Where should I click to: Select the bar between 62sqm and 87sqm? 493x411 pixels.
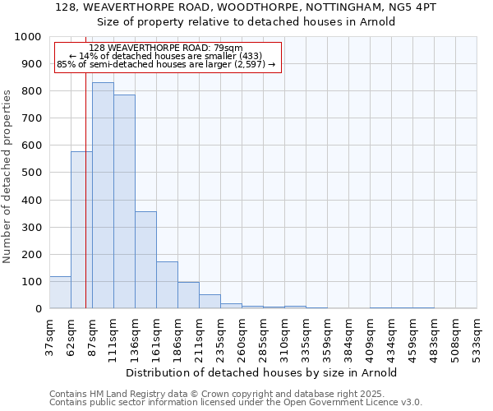point(81,230)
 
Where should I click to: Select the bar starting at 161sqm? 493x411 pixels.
point(167,285)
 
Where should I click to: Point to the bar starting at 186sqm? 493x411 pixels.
point(188,295)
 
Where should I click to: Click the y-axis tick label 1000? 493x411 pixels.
point(28,37)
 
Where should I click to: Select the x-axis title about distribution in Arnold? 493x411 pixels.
point(263,372)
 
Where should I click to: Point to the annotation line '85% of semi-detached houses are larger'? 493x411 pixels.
point(167,64)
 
